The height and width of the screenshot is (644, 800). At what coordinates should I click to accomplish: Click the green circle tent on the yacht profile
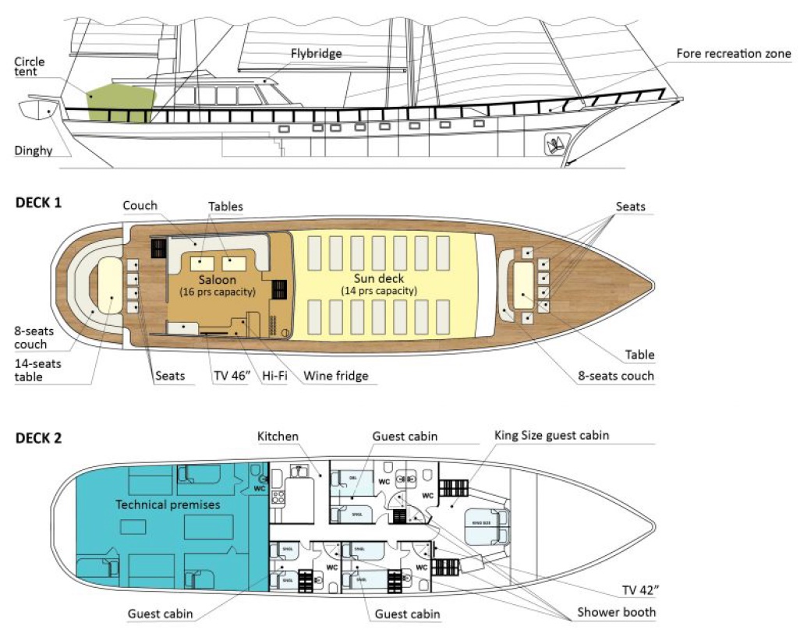[121, 103]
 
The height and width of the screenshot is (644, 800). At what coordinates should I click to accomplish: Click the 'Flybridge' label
[317, 54]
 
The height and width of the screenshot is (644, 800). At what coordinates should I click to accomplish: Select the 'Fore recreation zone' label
[734, 54]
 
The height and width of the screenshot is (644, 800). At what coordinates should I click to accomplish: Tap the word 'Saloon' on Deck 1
[217, 279]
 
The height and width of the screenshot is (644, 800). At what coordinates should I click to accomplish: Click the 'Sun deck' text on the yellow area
[378, 279]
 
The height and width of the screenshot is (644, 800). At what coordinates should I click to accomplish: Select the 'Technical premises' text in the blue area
[168, 504]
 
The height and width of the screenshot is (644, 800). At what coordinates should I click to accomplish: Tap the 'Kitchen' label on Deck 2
[278, 436]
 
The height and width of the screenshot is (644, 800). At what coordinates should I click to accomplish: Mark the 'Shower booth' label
[616, 612]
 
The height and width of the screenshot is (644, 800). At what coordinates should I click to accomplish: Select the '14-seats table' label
[39, 370]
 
